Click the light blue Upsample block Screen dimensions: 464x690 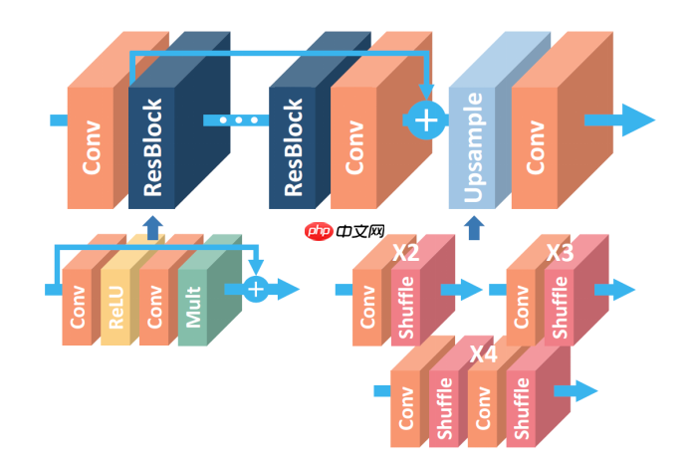pyautogui.click(x=472, y=147)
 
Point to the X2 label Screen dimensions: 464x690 pyautogui.click(x=405, y=253)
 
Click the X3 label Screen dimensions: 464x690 pyautogui.click(x=560, y=253)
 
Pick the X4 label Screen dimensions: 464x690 pyautogui.click(x=483, y=354)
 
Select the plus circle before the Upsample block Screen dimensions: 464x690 pyautogui.click(x=425, y=120)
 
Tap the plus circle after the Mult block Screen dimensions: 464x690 pyautogui.click(x=256, y=289)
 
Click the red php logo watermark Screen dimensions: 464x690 pyautogui.click(x=319, y=231)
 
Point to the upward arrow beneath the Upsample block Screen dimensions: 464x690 pyautogui.click(x=474, y=229)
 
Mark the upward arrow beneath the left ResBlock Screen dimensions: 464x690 pyautogui.click(x=152, y=228)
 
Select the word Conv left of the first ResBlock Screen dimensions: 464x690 pyautogui.click(x=92, y=147)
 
